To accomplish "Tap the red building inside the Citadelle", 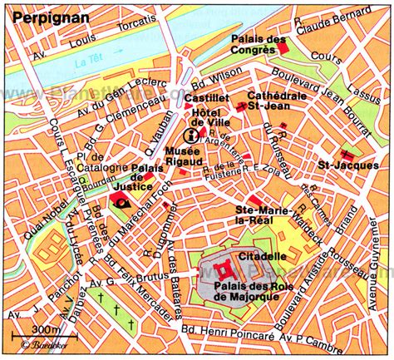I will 224,268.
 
